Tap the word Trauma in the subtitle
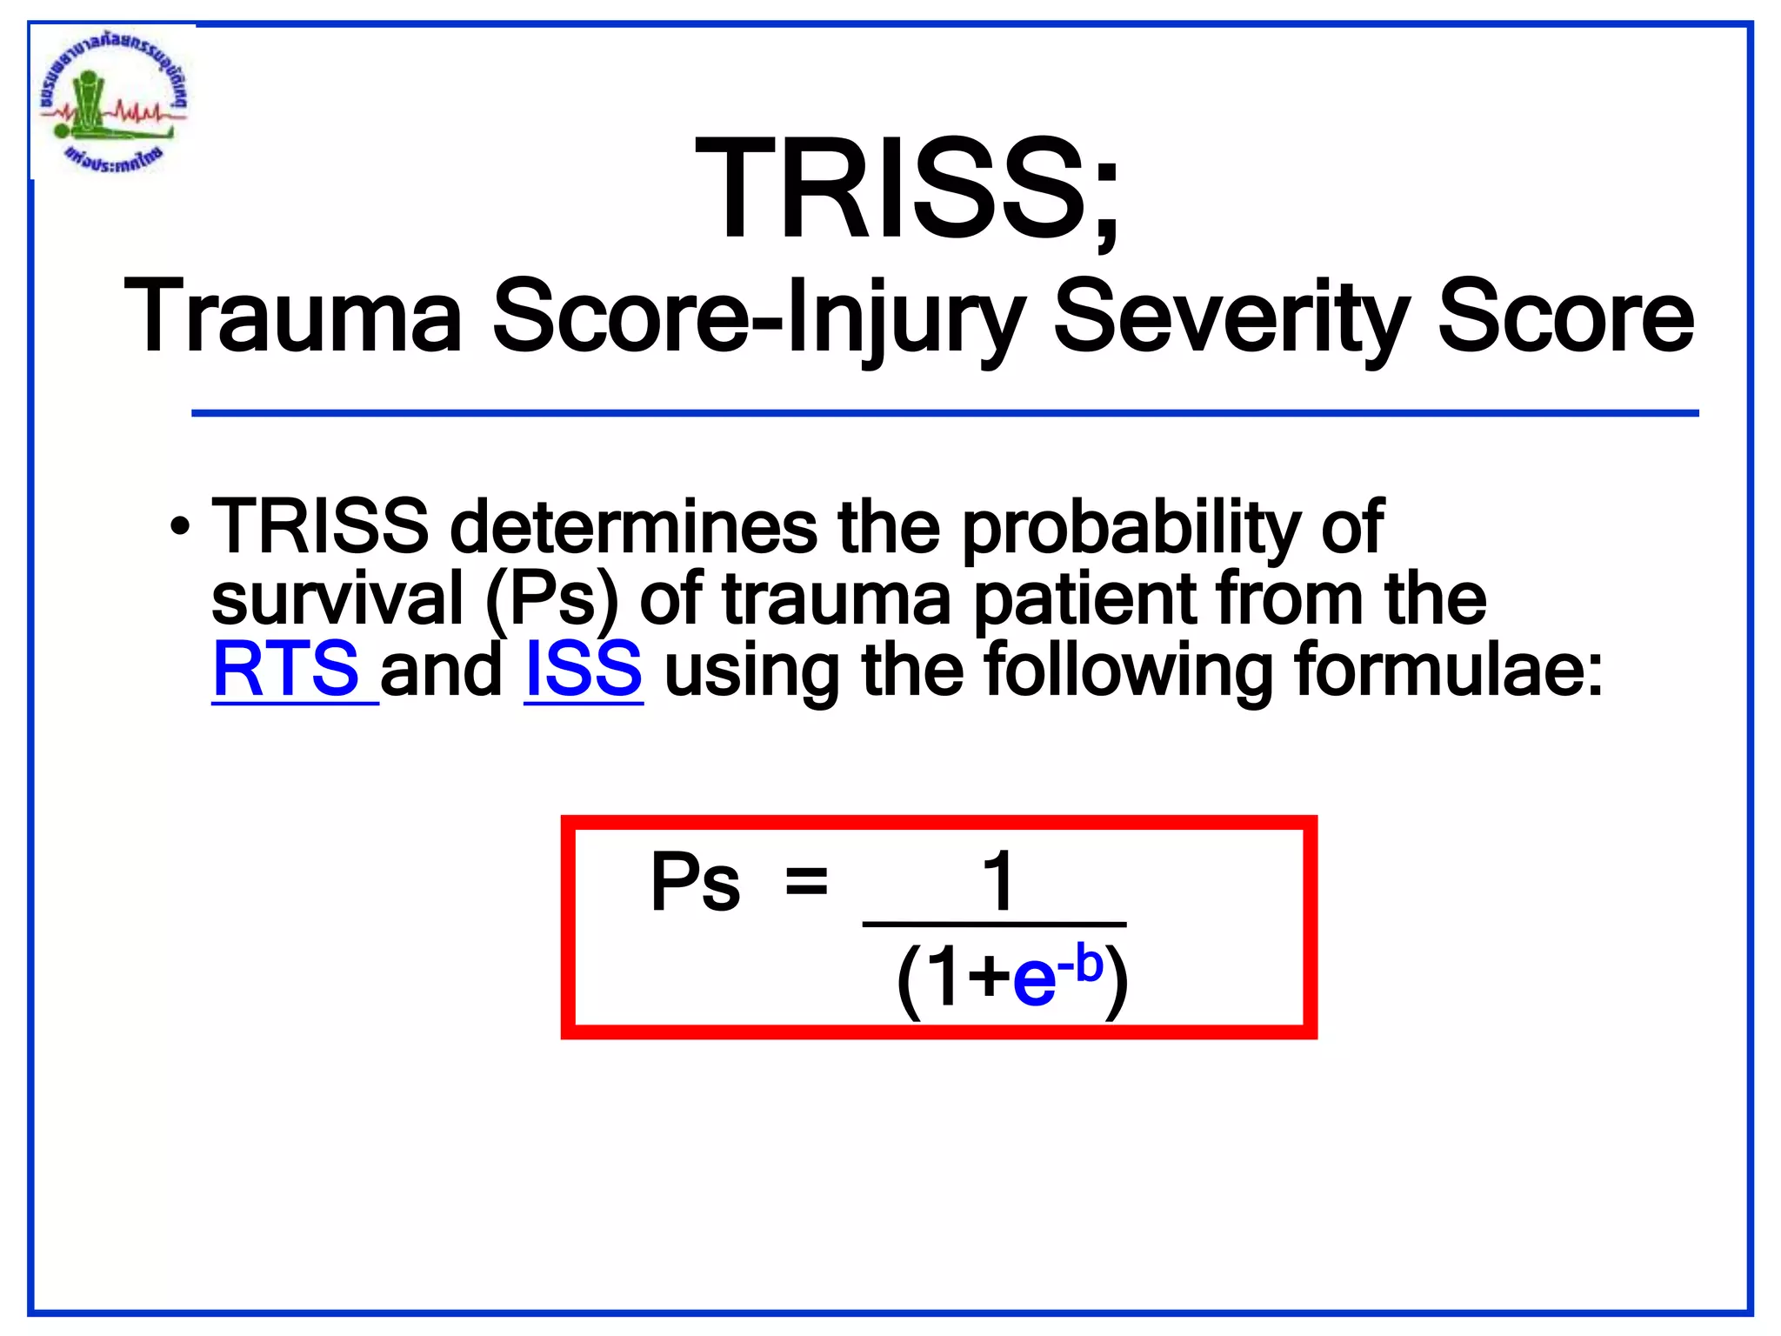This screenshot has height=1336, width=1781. [293, 317]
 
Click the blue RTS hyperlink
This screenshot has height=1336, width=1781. [287, 669]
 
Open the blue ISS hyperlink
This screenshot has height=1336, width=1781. [584, 669]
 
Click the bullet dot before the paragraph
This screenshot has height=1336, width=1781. [180, 528]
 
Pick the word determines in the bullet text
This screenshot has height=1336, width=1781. [633, 527]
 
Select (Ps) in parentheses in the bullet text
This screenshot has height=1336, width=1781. [551, 600]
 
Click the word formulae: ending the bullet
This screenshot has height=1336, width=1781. [1448, 671]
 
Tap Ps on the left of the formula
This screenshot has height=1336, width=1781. [695, 883]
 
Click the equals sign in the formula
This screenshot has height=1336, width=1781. [806, 882]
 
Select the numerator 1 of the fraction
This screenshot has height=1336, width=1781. [998, 881]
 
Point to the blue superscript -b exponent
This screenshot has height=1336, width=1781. [1081, 964]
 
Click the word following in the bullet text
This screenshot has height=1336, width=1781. [1127, 671]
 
